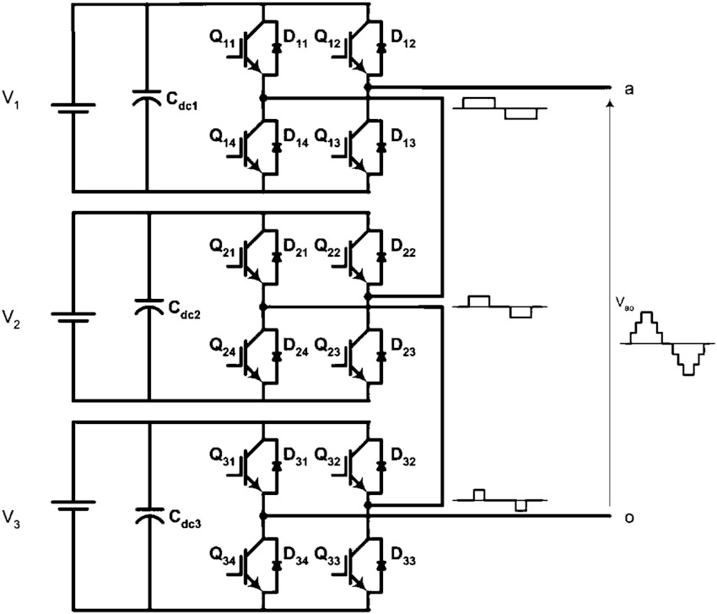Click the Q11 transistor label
coord(223,39)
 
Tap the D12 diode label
coord(403,39)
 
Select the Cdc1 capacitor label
coord(181,101)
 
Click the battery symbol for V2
coord(73,318)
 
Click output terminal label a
coord(629,90)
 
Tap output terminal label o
coord(629,518)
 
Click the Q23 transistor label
coord(328,347)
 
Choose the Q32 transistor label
coord(328,457)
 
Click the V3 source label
coord(11,519)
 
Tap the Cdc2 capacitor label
coord(184,309)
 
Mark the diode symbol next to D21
coord(276,258)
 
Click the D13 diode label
coord(403,139)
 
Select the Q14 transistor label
coord(223,139)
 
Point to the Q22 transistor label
coord(328,247)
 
